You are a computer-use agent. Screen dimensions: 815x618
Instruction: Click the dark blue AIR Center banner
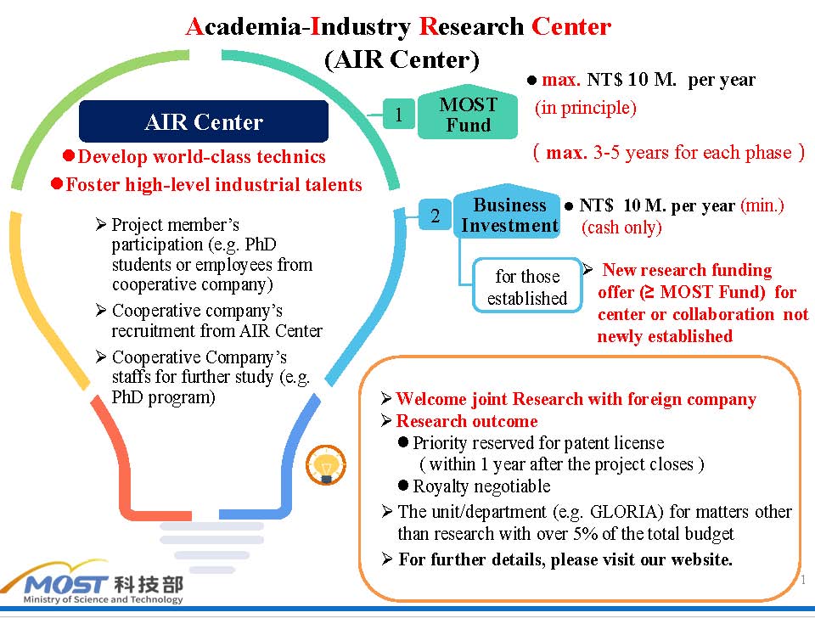tap(204, 121)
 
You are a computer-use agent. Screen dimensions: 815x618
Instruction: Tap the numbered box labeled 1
tap(399, 113)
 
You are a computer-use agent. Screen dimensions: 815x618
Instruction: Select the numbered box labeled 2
tap(435, 214)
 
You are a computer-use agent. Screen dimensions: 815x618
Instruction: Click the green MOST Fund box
tap(468, 112)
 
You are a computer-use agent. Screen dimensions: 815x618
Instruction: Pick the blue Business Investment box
tap(508, 212)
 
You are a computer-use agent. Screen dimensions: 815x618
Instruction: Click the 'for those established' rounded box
tap(527, 285)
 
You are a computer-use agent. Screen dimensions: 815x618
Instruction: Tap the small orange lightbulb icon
tap(326, 464)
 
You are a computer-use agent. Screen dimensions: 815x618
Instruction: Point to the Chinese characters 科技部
tap(149, 584)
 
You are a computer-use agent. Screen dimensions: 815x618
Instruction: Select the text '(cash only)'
tap(621, 228)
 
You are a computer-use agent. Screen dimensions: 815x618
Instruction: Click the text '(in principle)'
tap(586, 108)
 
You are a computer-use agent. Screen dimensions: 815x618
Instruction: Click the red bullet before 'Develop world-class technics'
tap(69, 155)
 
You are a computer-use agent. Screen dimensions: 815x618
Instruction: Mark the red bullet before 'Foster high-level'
tap(57, 183)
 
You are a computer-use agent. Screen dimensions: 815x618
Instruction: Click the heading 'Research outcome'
tap(467, 420)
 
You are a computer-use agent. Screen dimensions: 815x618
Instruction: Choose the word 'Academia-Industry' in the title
tap(298, 27)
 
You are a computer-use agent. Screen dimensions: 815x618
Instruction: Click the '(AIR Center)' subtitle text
tap(402, 59)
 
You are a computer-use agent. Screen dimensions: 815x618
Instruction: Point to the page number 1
tap(804, 580)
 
